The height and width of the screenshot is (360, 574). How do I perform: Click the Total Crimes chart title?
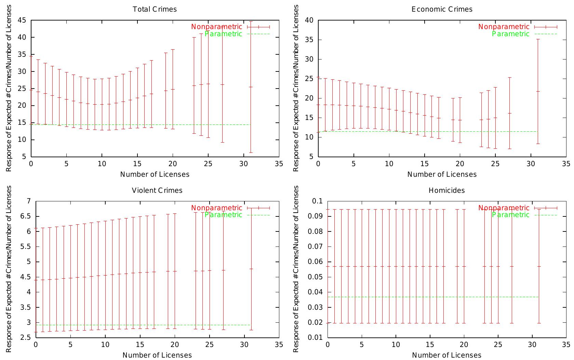(x=155, y=9)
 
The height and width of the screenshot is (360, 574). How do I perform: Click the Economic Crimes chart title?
(x=442, y=9)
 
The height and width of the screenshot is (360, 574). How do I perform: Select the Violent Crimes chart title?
(x=157, y=190)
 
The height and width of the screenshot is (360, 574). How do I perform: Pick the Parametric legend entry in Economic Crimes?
(x=510, y=34)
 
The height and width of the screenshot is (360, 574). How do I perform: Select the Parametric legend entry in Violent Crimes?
(x=223, y=215)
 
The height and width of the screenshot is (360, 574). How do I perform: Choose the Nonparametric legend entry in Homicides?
(x=504, y=208)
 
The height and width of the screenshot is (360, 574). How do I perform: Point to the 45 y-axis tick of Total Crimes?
(x=22, y=20)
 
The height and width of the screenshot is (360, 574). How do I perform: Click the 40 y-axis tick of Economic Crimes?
(x=309, y=20)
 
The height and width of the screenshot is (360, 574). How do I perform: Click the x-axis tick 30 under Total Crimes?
(x=243, y=164)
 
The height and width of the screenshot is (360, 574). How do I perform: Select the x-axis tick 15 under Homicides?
(x=430, y=345)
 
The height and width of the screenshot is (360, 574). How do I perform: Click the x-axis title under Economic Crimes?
(x=442, y=174)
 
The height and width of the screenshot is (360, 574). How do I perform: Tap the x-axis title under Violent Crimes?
(x=157, y=355)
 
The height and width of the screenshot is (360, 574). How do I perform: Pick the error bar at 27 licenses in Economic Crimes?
(x=510, y=113)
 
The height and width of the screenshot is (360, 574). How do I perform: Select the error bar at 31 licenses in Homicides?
(x=539, y=266)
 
